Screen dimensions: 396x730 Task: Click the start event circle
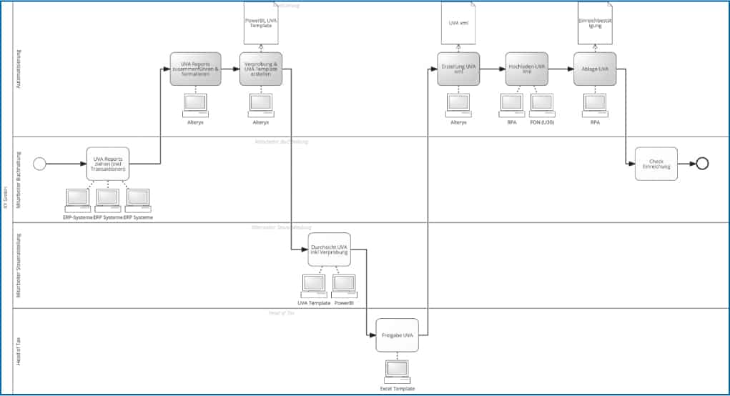point(40,164)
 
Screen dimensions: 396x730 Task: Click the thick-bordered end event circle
point(702,164)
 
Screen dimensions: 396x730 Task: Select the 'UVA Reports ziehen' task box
point(109,164)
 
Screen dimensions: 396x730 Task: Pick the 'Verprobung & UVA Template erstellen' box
point(261,69)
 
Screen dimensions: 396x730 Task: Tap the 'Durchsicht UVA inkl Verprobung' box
point(330,249)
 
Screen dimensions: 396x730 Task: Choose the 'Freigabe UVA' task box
point(397,335)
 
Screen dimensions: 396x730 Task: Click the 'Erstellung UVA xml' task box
point(458,69)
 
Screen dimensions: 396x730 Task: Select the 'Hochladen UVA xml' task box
point(526,69)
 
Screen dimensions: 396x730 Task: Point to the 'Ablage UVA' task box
point(594,69)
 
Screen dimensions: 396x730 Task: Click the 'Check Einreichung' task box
point(656,164)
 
